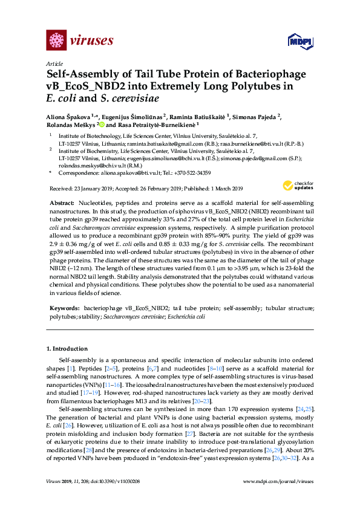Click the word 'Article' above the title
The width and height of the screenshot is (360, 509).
[54, 63]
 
